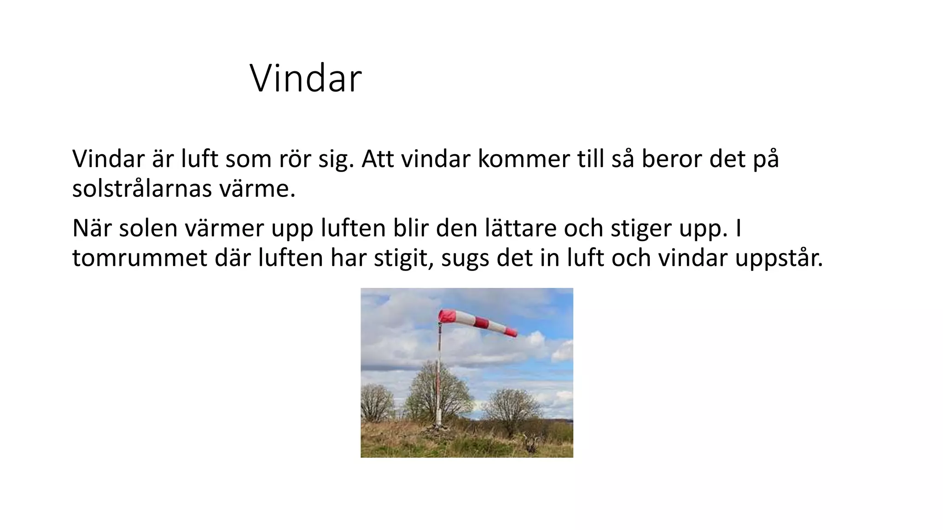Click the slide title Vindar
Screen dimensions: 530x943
(x=306, y=79)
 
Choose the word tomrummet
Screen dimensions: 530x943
(x=140, y=258)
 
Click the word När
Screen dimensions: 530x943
(x=92, y=228)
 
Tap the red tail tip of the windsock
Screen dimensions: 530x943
(x=511, y=331)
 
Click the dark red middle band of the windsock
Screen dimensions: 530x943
(x=481, y=323)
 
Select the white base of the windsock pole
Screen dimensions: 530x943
(x=439, y=417)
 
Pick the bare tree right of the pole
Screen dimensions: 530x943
(x=512, y=407)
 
